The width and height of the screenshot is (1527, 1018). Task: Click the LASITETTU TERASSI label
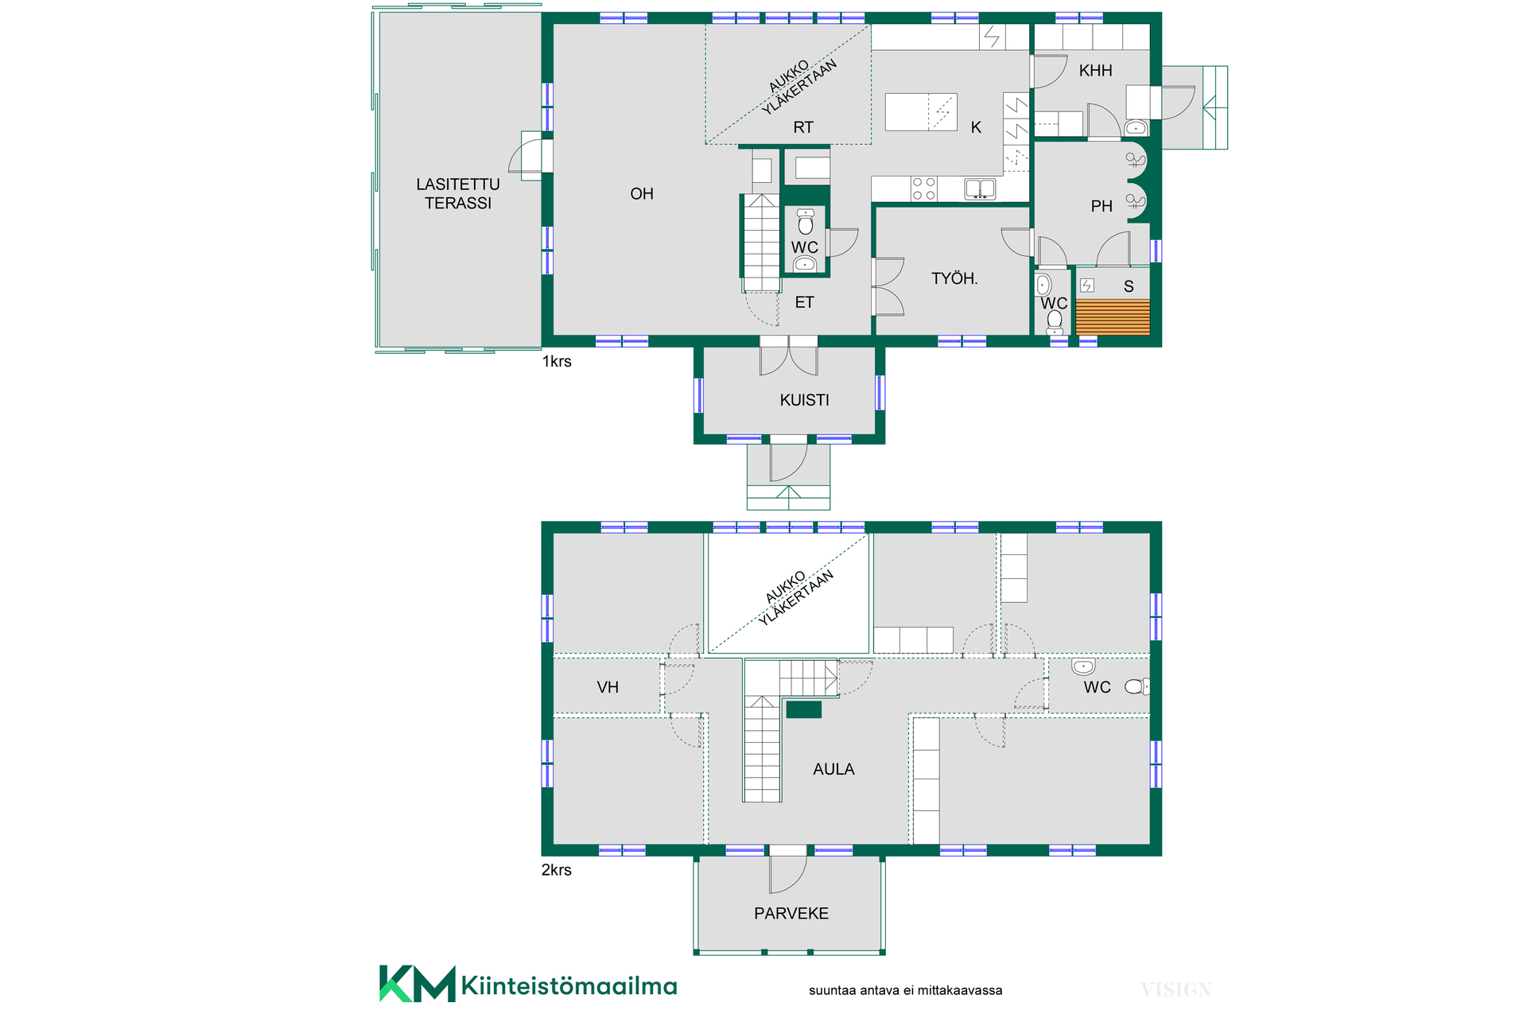pyautogui.click(x=458, y=193)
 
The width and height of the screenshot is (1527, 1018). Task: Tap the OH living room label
pyautogui.click(x=642, y=193)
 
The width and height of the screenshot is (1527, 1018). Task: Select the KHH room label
pyautogui.click(x=1095, y=71)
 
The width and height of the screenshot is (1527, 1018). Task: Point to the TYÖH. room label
pyautogui.click(x=954, y=278)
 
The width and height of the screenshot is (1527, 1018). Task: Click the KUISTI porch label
pyautogui.click(x=804, y=400)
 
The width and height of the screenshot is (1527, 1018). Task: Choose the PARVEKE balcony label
pyautogui.click(x=791, y=914)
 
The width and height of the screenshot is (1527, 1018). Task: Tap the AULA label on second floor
pyautogui.click(x=833, y=769)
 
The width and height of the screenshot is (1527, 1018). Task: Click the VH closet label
pyautogui.click(x=608, y=687)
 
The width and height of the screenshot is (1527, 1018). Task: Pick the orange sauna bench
pyautogui.click(x=1113, y=317)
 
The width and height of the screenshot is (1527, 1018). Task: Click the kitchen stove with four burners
pyautogui.click(x=924, y=188)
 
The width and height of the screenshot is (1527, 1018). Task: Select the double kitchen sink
pyautogui.click(x=980, y=188)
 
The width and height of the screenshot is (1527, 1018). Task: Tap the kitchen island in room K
pyautogui.click(x=921, y=112)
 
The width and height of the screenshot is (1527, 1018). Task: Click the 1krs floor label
pyautogui.click(x=557, y=362)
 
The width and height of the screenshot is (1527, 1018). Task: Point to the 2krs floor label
pyautogui.click(x=557, y=870)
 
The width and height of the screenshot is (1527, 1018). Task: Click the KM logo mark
pyautogui.click(x=418, y=984)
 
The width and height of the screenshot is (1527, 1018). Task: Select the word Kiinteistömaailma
pyautogui.click(x=569, y=986)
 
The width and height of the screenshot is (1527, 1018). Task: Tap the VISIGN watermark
pyautogui.click(x=1176, y=990)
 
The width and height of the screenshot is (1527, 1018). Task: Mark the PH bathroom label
pyautogui.click(x=1102, y=207)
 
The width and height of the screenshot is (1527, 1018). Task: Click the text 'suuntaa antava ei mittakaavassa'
pyautogui.click(x=905, y=991)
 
